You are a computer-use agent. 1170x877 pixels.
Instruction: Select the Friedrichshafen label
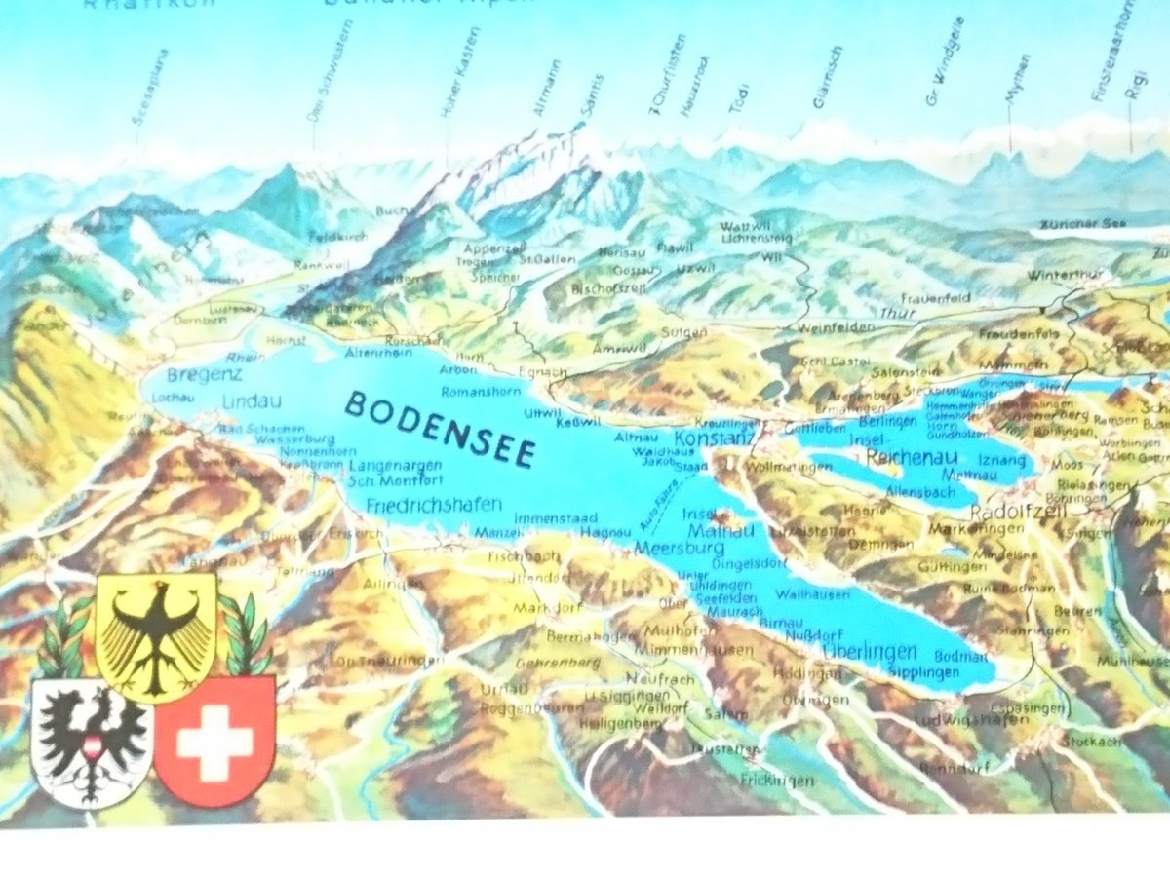point(435,504)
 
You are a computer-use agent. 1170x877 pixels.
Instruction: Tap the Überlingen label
point(870,651)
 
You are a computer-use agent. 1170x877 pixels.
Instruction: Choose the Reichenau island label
point(902,456)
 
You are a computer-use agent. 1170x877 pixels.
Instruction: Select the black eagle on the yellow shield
point(156,633)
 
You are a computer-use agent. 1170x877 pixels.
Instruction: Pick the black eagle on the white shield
point(90,743)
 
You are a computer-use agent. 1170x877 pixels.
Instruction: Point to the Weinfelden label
point(836,327)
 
